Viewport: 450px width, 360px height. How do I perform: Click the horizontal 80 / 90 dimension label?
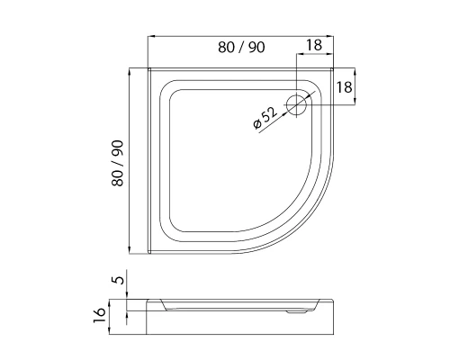click(x=241, y=48)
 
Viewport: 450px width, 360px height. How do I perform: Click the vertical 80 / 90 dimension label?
click(x=118, y=163)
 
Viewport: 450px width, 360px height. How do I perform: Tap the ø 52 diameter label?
click(x=265, y=118)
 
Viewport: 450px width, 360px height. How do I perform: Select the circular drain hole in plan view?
click(x=296, y=105)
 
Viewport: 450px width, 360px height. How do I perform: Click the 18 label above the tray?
click(x=314, y=45)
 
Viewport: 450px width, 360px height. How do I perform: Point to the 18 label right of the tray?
click(x=344, y=87)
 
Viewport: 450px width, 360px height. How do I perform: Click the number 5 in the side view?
click(x=118, y=280)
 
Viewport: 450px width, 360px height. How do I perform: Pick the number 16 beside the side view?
click(x=99, y=315)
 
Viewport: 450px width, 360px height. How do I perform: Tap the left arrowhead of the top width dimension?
click(x=151, y=36)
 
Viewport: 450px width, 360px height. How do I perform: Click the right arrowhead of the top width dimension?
click(x=330, y=36)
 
